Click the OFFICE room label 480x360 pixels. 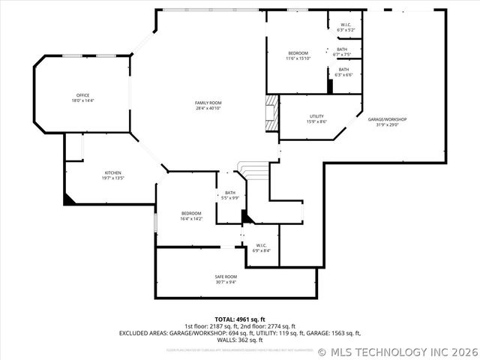(x=82, y=95)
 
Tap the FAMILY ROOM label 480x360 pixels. (x=208, y=103)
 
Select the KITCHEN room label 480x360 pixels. (x=112, y=172)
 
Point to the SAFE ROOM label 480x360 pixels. (x=226, y=277)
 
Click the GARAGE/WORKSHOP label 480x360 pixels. (x=387, y=119)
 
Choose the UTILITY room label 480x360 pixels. (x=316, y=116)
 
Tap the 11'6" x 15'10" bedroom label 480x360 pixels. (x=298, y=53)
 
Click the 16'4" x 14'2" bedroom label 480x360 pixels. (x=190, y=213)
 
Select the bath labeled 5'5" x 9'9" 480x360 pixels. (x=229, y=193)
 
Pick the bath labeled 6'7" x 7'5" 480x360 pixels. (x=342, y=49)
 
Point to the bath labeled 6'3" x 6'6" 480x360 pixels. (x=343, y=69)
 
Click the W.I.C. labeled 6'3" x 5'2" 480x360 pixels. (x=346, y=25)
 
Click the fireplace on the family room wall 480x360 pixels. (x=270, y=112)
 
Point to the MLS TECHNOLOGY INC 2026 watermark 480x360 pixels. (x=397, y=351)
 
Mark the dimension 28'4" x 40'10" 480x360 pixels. (x=208, y=108)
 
